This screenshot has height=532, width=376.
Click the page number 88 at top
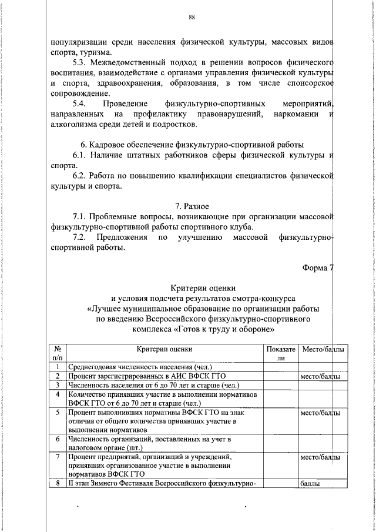192,17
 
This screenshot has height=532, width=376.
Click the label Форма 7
318,269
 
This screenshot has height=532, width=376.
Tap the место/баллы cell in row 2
320,376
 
